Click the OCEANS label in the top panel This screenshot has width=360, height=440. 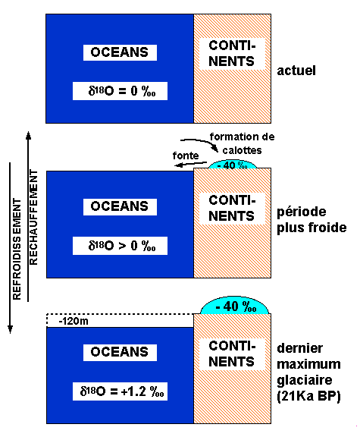point(121,52)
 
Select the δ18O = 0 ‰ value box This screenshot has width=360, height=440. point(121,91)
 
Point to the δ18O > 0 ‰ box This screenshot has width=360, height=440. point(121,245)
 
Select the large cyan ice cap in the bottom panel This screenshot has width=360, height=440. point(236,306)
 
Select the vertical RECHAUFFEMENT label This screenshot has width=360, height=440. point(33,219)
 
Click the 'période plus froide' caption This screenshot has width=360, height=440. point(311,220)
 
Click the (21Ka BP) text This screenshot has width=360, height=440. point(310,397)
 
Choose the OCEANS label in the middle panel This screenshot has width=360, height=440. point(121,206)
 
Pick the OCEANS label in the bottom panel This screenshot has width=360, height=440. point(121,352)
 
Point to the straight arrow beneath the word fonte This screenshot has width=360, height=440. point(179,162)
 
